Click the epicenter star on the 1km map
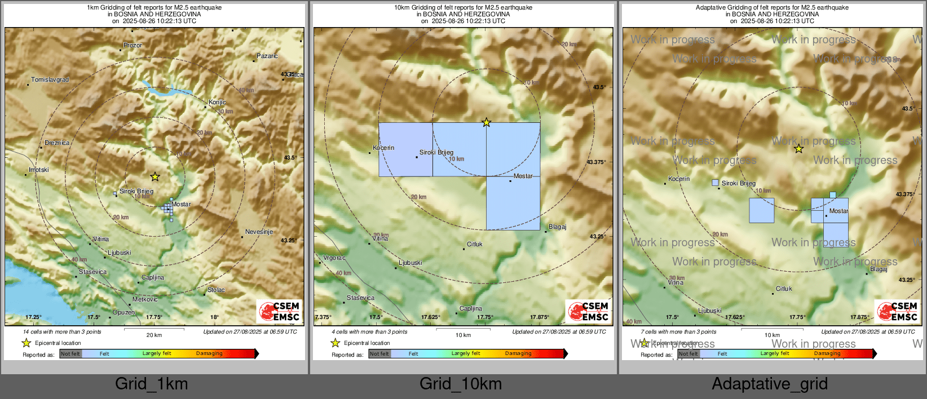coord(155,177)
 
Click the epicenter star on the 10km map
coord(486,122)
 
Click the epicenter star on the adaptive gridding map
coord(798,149)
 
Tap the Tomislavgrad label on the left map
coord(50,80)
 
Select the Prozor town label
coord(133,45)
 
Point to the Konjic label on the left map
coord(217,102)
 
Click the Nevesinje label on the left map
coord(259,232)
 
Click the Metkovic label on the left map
coord(145,299)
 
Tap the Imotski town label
coord(39,170)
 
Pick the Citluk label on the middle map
coord(475,244)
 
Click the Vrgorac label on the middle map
coord(334,258)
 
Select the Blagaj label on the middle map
coord(557,227)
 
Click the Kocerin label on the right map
coord(679,179)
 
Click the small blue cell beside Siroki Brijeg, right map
coord(716,183)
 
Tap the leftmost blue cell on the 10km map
coord(405,149)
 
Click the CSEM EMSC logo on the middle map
coord(589,311)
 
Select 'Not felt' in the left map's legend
coord(70,354)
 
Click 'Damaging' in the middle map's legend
coord(518,353)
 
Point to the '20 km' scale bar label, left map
coord(154,335)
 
